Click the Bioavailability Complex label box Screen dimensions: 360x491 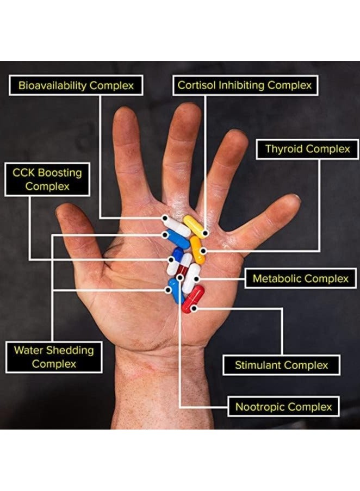[x=76, y=85]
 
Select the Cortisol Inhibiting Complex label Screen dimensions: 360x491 [x=245, y=85]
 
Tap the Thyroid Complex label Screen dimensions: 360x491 [x=307, y=149]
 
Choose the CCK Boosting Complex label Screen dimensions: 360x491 [x=47, y=179]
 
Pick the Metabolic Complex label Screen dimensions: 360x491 [x=301, y=278]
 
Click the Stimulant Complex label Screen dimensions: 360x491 [x=282, y=365]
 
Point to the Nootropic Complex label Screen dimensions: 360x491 [x=284, y=407]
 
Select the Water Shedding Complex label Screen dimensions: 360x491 [x=54, y=357]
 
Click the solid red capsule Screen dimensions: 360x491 [x=193, y=300]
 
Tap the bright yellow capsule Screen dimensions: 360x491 [x=196, y=227]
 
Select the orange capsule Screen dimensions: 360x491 [x=197, y=250]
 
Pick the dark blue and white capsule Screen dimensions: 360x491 [x=175, y=261]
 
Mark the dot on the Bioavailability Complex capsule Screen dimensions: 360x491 [x=165, y=218]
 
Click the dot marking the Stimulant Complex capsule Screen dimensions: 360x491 [x=194, y=308]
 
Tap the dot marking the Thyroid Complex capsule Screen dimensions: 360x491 [x=203, y=251]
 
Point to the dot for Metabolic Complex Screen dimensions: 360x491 [x=196, y=279]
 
